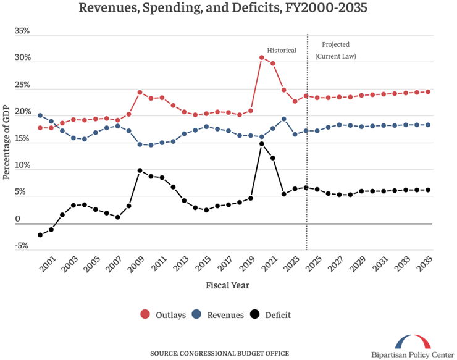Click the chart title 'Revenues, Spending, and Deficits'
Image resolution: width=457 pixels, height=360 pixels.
(228, 9)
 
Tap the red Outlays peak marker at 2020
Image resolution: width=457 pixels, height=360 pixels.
(262, 57)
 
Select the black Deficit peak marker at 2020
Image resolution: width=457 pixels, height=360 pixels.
(262, 144)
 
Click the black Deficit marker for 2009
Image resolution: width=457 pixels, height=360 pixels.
(140, 170)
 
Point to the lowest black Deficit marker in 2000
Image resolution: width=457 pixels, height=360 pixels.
(40, 235)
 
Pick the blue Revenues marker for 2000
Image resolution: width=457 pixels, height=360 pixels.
(40, 115)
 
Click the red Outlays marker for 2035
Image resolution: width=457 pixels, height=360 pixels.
(428, 91)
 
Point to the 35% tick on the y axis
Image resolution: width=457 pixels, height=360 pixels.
(22, 30)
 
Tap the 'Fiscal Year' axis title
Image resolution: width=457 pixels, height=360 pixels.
(229, 285)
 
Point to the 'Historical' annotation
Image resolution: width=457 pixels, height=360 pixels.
(282, 50)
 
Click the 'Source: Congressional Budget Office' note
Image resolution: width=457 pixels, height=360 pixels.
(219, 353)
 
